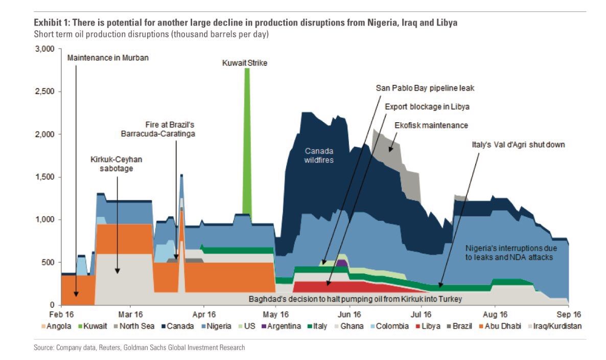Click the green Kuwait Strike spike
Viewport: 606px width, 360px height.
(x=247, y=143)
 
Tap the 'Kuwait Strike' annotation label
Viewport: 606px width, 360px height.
(x=245, y=63)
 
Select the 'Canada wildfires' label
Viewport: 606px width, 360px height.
(x=319, y=155)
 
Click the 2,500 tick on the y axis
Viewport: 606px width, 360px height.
(x=44, y=92)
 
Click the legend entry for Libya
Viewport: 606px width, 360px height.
(x=430, y=326)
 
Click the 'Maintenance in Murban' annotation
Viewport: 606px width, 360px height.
(x=108, y=58)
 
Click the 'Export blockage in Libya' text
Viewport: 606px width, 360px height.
(x=427, y=107)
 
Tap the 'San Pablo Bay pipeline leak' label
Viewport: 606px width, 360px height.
(x=425, y=88)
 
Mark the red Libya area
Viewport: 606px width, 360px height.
(x=327, y=286)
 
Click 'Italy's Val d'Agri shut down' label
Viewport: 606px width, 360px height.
(x=518, y=145)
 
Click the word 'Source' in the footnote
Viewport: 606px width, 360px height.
(x=44, y=348)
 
